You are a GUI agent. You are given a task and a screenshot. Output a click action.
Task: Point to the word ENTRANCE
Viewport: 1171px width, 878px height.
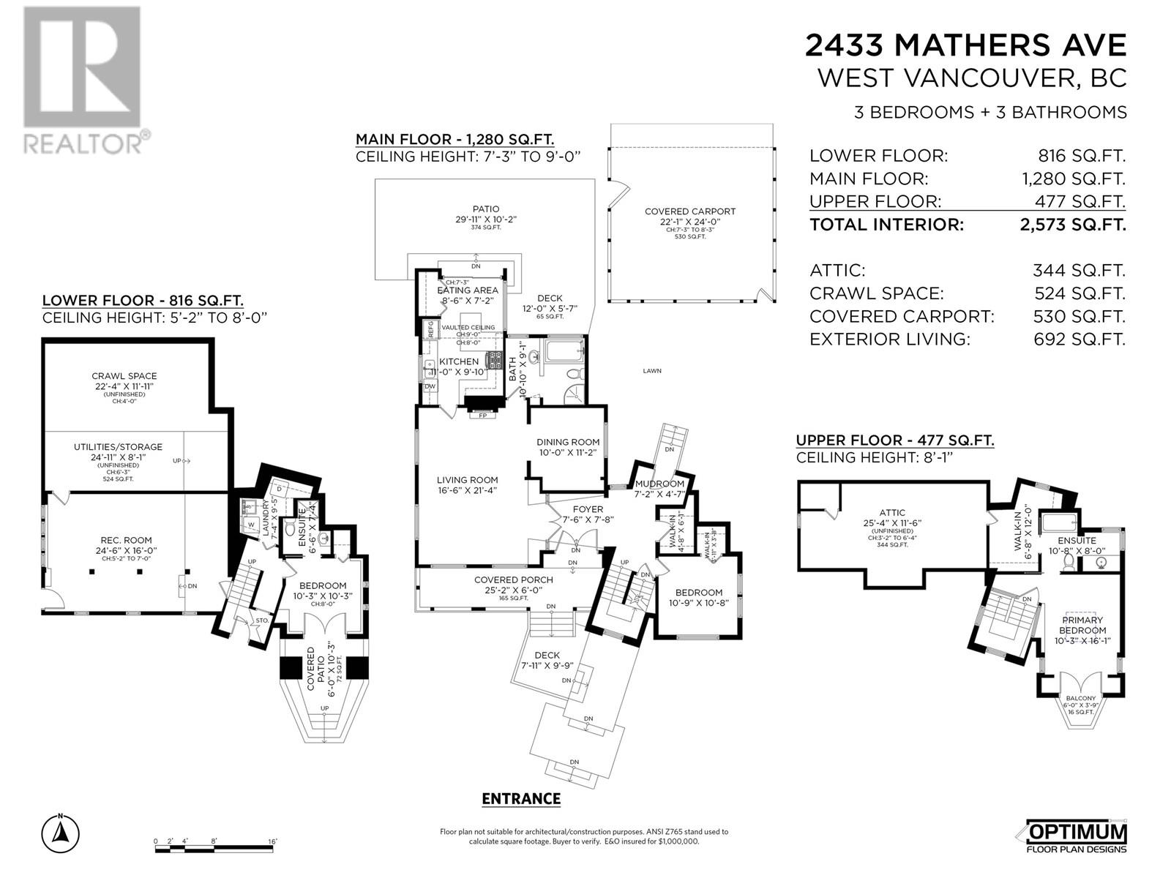click(521, 799)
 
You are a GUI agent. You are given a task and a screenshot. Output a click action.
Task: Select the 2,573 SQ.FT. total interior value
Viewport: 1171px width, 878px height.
click(1072, 225)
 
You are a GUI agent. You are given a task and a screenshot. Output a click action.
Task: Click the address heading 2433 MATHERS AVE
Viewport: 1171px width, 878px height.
click(965, 45)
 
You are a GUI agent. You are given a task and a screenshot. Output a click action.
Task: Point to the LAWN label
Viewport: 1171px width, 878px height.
click(652, 371)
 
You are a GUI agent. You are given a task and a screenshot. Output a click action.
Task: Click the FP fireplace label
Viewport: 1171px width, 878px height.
click(482, 416)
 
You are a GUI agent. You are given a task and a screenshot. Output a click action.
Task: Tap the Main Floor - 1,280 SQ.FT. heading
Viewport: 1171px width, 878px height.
click(454, 139)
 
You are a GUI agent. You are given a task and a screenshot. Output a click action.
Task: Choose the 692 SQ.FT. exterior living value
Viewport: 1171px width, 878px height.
click(1079, 339)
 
